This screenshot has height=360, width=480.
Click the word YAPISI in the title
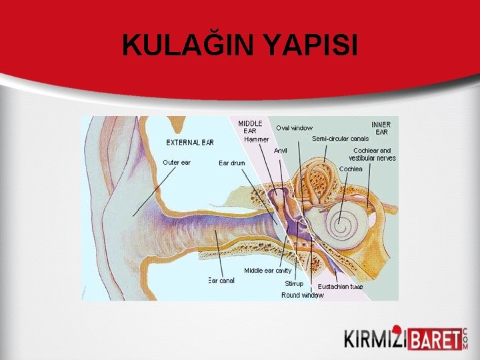pos(311,45)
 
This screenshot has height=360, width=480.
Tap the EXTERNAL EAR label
pos(190,142)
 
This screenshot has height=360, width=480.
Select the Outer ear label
pos(177,162)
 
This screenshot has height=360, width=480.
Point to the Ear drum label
pos(232,163)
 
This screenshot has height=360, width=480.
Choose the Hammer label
pos(256,139)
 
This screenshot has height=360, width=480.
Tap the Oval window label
pos(294,128)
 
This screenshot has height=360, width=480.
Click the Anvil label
pos(281,151)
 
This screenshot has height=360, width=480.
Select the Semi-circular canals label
pos(340,139)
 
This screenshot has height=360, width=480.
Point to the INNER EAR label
pos(381,128)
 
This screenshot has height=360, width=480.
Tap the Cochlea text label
pos(351,169)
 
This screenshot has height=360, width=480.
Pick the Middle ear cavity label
pos(267,271)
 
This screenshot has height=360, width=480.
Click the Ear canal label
pos(221,281)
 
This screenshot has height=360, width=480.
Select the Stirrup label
pos(294,284)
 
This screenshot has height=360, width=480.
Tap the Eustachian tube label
pos(340,287)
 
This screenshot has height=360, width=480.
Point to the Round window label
pos(302,295)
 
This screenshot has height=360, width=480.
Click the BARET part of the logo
pos(433,339)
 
